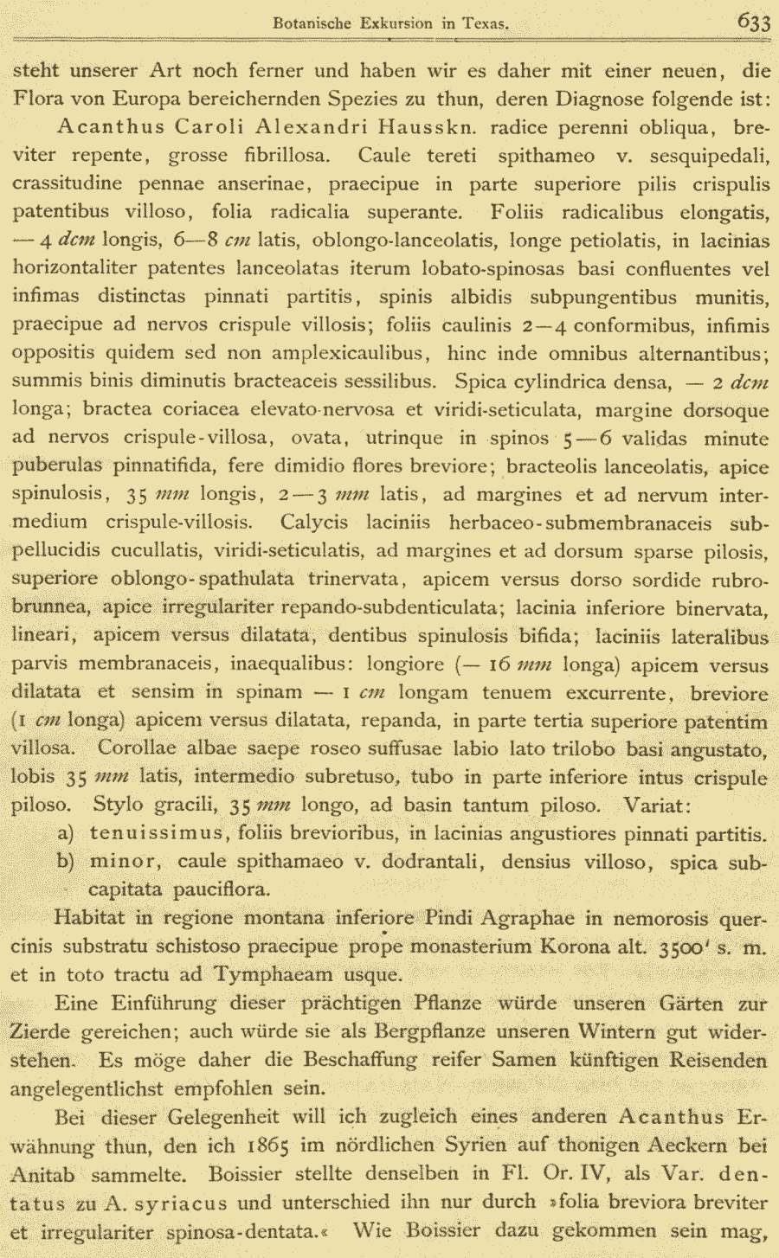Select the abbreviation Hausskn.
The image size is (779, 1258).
pos(430,127)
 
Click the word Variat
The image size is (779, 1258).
pos(656,806)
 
